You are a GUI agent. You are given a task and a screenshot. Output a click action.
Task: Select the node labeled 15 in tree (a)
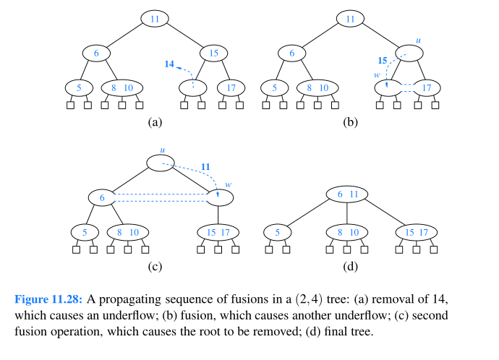tap(213, 53)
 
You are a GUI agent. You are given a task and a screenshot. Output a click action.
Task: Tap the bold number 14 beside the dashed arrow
tap(169, 64)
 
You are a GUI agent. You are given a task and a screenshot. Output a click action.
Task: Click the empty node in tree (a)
tap(192, 87)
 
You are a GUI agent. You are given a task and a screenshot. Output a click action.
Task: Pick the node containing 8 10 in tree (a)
tap(119, 87)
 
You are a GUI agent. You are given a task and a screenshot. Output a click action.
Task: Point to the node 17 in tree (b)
tap(427, 87)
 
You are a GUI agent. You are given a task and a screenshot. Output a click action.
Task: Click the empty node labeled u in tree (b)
tap(409, 53)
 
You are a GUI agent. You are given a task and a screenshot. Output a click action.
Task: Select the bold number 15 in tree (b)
tap(383, 60)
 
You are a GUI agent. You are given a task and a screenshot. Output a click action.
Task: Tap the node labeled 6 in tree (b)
tap(292, 53)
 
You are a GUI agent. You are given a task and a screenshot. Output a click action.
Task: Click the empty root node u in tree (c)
tap(159, 163)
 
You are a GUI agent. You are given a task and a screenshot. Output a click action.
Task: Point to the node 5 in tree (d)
tap(278, 232)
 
